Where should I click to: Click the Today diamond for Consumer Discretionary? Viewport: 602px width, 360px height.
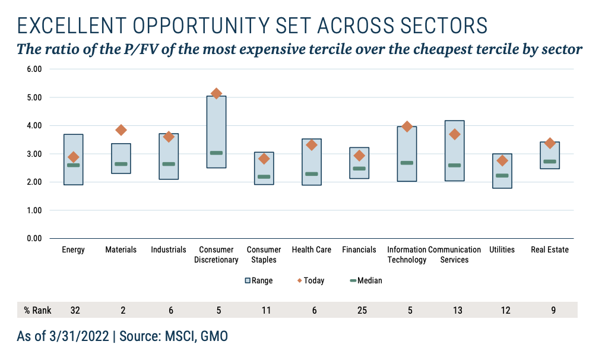click(216, 94)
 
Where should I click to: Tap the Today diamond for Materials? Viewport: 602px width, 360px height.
click(121, 130)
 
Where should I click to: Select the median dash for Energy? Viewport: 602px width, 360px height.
click(74, 165)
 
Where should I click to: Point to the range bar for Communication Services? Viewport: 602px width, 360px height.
click(455, 151)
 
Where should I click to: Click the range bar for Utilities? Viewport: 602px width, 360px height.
click(502, 171)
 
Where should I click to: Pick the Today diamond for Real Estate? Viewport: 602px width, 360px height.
click(550, 143)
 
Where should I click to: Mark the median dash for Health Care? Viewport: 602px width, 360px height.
click(312, 174)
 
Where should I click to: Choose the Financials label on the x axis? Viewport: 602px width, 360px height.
click(359, 250)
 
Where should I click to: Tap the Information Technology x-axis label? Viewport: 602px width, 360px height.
click(407, 255)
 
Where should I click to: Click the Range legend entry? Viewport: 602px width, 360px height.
click(258, 280)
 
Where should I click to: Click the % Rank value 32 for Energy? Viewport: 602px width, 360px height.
click(74, 310)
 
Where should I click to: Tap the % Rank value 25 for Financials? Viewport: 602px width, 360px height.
click(359, 310)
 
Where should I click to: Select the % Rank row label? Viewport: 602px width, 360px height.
click(37, 310)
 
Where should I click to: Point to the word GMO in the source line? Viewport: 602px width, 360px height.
click(213, 336)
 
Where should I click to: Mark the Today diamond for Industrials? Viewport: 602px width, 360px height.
click(169, 137)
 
